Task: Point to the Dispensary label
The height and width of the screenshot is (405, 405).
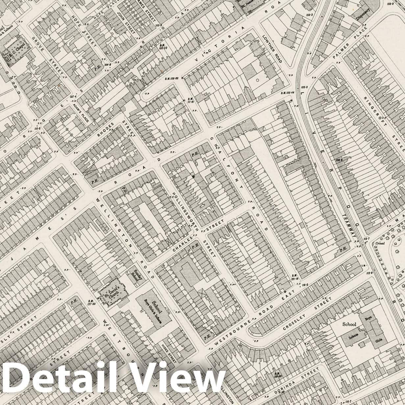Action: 363,14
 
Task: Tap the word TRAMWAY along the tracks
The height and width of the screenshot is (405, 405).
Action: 349,227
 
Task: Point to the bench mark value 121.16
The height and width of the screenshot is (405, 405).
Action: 294,277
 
